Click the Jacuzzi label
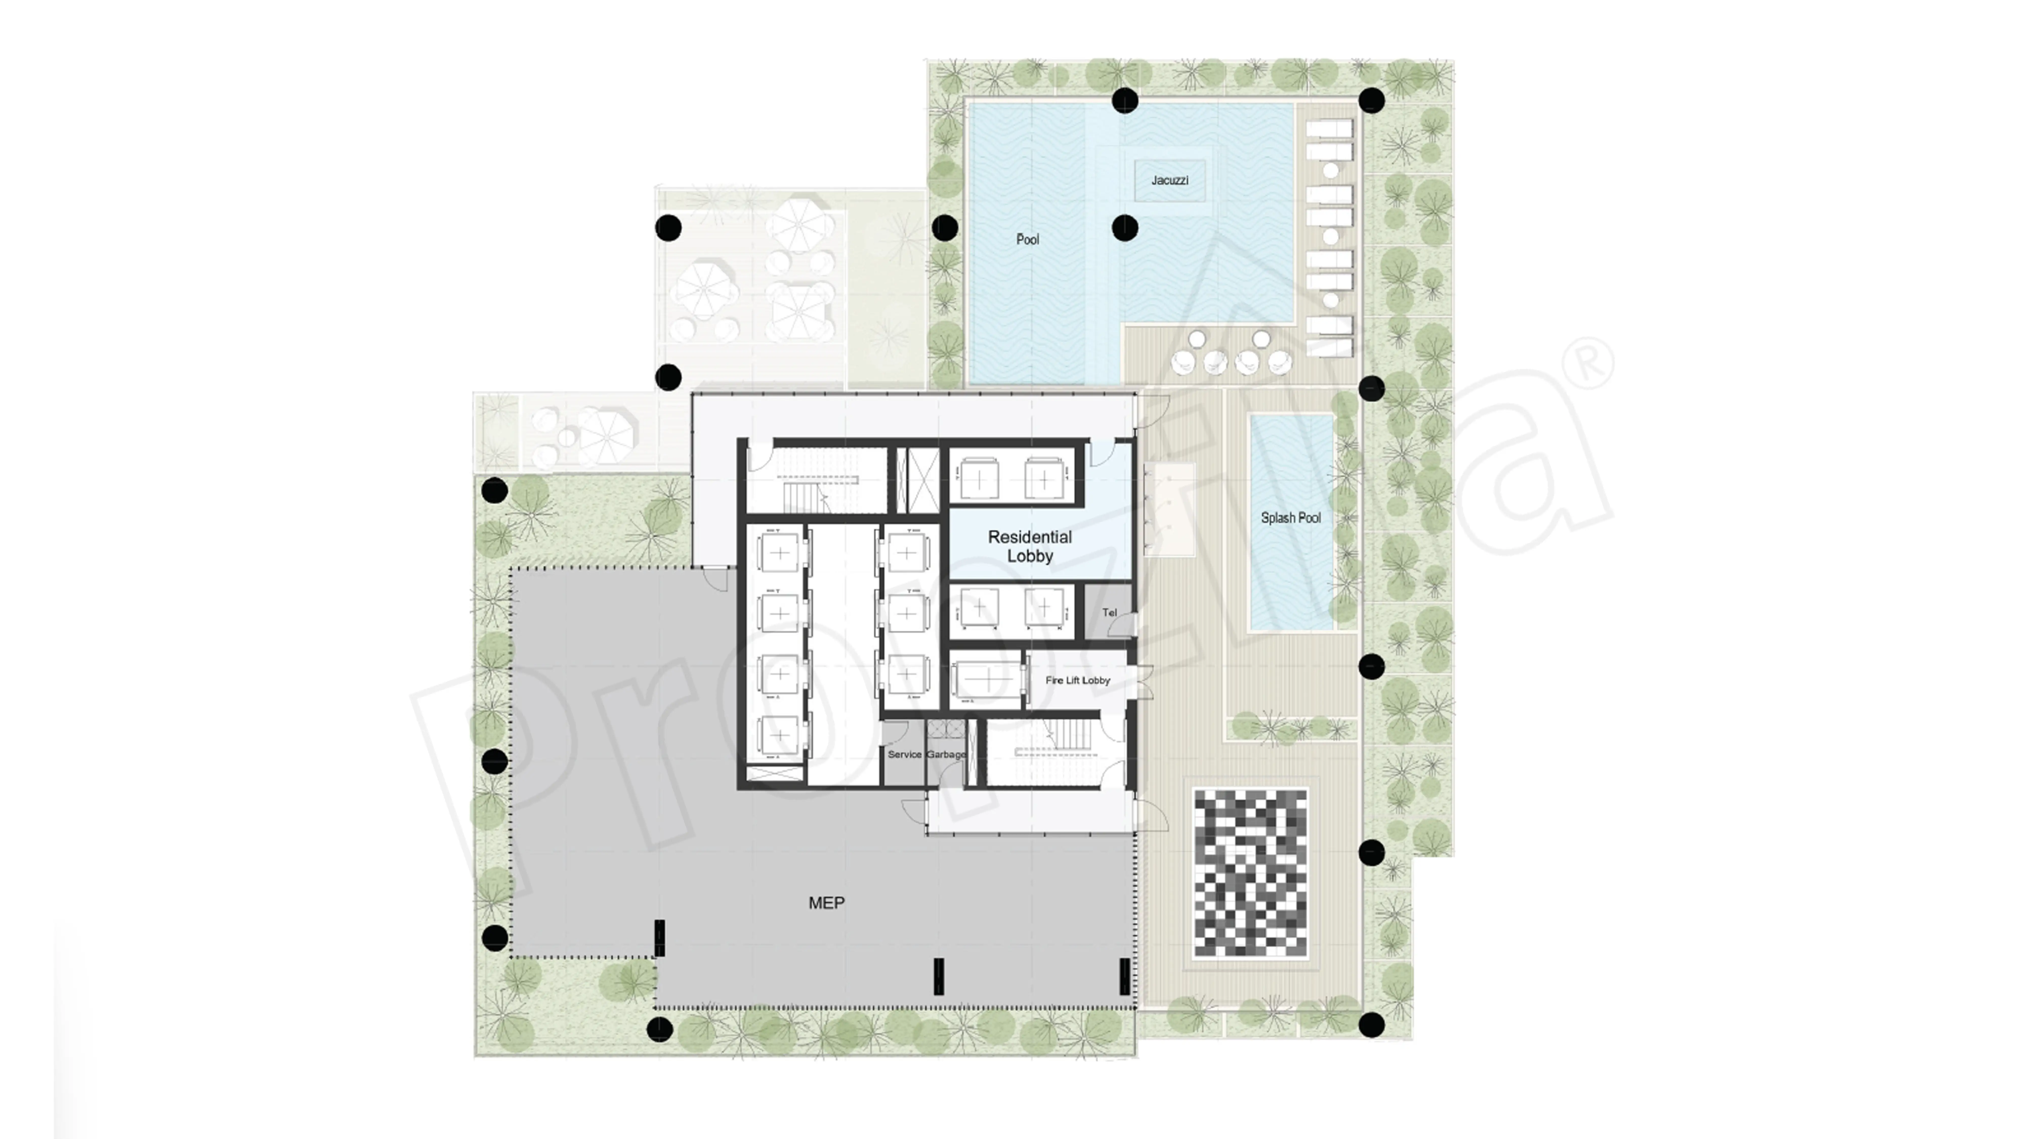1169,180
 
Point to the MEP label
827,903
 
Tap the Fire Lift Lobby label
1077,680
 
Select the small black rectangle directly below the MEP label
938,976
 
